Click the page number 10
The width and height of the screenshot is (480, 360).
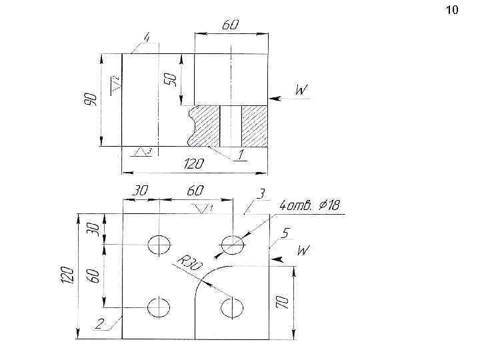point(452,10)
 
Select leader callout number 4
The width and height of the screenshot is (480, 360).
point(147,38)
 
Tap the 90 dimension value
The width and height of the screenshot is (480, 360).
point(91,99)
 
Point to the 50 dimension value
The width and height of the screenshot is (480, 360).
point(171,80)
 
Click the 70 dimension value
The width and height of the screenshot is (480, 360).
point(282,302)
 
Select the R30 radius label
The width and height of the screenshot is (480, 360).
point(190,263)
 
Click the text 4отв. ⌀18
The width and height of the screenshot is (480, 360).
point(310,205)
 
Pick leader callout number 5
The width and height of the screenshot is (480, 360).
point(285,233)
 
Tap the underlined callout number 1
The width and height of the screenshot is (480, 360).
point(241,155)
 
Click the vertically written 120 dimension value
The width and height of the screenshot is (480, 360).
point(68,275)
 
